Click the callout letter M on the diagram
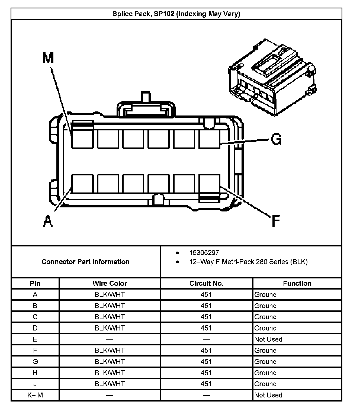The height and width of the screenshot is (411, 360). point(48,58)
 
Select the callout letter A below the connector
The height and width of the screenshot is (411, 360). point(48,220)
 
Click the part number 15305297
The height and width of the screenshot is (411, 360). point(204,253)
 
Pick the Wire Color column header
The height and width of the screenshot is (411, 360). point(110,283)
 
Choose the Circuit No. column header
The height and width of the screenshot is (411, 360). point(206,283)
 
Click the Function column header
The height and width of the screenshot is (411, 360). point(297,283)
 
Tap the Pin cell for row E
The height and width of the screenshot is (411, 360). point(35,339)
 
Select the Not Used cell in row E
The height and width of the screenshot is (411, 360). point(268,339)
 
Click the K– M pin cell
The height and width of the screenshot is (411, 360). point(35,395)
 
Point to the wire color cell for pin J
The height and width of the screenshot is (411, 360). point(110,384)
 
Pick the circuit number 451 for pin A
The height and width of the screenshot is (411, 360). point(206,294)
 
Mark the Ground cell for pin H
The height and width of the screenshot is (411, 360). point(265,373)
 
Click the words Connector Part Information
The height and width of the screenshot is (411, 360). point(85,262)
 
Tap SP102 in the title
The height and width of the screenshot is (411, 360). point(164,14)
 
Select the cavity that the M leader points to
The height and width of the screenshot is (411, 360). point(82,139)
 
